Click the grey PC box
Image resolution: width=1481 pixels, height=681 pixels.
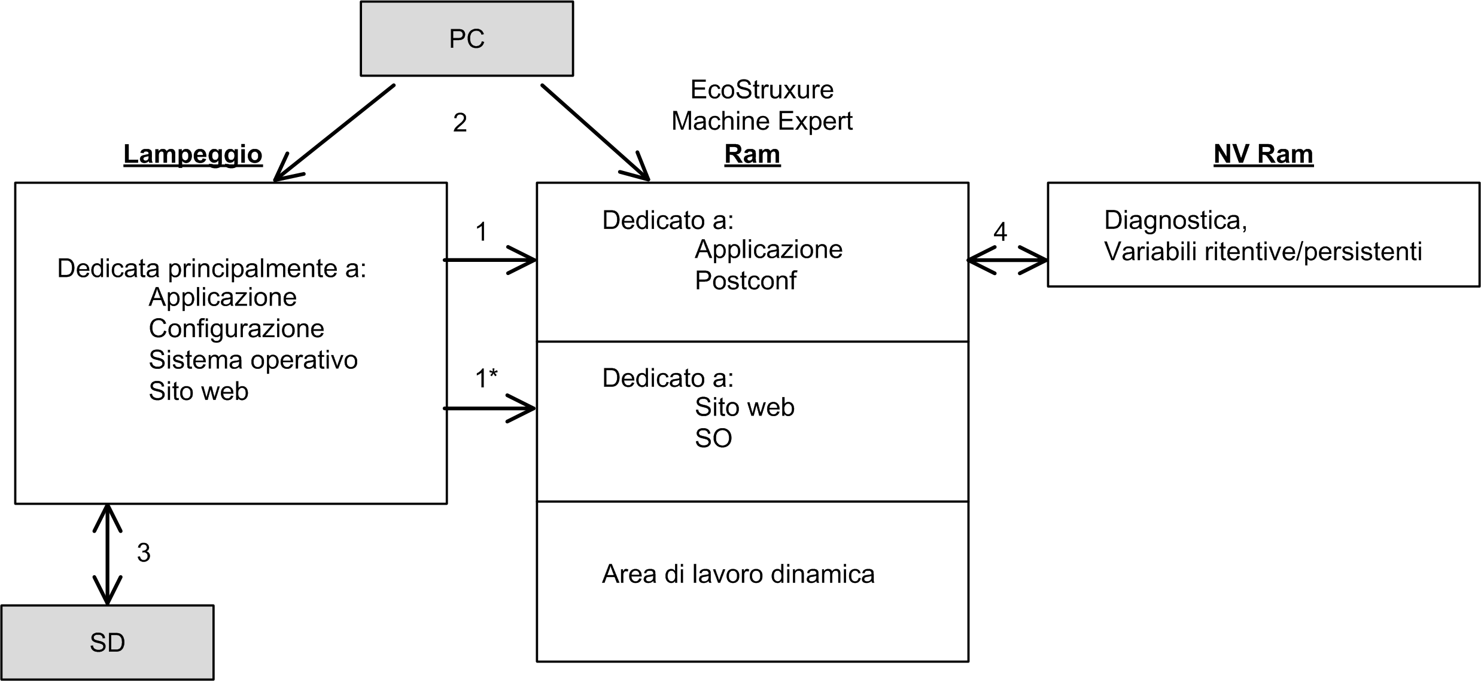[x=466, y=39]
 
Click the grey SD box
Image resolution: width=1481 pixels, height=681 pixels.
[x=107, y=642]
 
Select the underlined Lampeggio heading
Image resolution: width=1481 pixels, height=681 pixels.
[x=193, y=154]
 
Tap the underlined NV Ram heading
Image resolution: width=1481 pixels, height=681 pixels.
[x=1263, y=154]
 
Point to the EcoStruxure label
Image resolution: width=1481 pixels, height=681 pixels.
[x=761, y=90]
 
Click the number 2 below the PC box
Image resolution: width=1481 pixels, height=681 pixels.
[x=460, y=123]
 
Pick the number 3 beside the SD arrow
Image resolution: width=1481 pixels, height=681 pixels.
[x=143, y=552]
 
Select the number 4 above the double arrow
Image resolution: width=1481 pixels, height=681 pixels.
[x=1000, y=231]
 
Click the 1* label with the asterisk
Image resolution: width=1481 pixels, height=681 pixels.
[x=486, y=378]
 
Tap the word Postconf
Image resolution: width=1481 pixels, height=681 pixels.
[x=745, y=280]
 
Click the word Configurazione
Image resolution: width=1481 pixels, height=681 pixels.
[x=236, y=328]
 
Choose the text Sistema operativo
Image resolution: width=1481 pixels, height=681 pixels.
[x=253, y=360]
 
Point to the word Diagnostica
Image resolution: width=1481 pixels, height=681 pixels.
[x=1175, y=220]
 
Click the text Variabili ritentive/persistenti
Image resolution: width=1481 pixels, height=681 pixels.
[x=1263, y=252]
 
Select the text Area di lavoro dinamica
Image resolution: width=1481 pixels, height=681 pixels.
[x=738, y=574]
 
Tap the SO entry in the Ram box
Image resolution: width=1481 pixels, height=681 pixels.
[x=713, y=438]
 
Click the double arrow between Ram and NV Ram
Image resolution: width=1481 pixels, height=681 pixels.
[x=1007, y=260]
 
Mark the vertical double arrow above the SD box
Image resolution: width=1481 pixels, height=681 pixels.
[x=107, y=554]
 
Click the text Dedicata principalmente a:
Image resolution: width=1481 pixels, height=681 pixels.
[x=211, y=268]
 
